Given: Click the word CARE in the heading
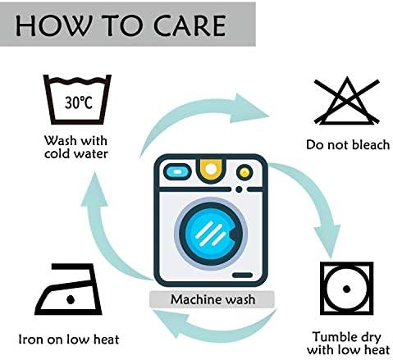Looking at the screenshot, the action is click(190, 25).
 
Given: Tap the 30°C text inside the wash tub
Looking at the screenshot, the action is click(79, 103).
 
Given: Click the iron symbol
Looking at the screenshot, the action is click(68, 289).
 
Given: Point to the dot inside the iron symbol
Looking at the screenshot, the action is click(71, 299).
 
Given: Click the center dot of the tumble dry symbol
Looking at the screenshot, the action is click(346, 289).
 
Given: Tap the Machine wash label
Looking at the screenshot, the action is click(212, 299).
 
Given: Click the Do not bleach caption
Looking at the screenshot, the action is click(348, 144).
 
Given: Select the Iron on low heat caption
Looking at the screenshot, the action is click(69, 339).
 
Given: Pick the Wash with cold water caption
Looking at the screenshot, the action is click(76, 148).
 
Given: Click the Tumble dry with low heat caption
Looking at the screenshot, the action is click(348, 344).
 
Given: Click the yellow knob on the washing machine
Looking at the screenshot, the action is click(211, 170).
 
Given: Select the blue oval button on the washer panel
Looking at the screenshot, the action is click(177, 172).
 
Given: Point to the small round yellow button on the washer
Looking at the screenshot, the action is click(244, 172).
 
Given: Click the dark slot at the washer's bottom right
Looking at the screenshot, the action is click(242, 275).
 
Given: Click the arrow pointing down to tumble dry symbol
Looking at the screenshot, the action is click(318, 197).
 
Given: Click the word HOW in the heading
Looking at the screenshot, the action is click(53, 25).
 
